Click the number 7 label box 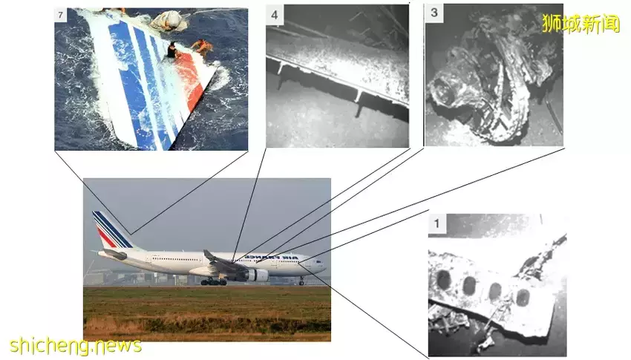point(60,16)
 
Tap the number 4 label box point(275,16)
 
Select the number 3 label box point(434,13)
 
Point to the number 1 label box point(437,223)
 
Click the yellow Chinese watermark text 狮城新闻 point(581,23)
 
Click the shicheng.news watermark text point(75,345)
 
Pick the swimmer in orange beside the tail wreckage point(202,46)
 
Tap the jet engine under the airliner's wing point(257,275)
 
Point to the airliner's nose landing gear point(301,281)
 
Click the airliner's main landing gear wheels point(213,281)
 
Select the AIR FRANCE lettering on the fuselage point(272,257)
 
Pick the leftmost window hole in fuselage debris point(443,281)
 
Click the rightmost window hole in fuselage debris point(523,298)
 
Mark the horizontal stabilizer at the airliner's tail point(113,254)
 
